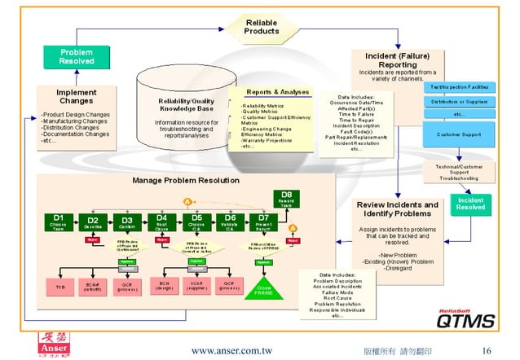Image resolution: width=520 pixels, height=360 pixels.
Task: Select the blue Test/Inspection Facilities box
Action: pyautogui.click(x=459, y=86)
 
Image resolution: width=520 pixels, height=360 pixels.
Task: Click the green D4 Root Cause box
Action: pyautogui.click(x=161, y=222)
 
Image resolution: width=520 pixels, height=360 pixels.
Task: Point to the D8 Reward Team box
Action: pyautogui.click(x=286, y=197)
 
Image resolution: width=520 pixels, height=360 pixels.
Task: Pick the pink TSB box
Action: pyautogui.click(x=59, y=288)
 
